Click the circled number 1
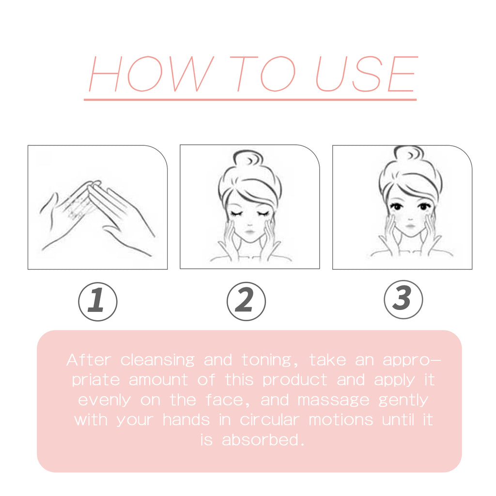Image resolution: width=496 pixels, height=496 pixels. click(x=97, y=301)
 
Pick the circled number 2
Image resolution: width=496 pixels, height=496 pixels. click(x=246, y=301)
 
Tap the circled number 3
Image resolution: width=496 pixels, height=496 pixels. click(x=403, y=299)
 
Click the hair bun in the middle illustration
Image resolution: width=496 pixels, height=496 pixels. click(x=248, y=158)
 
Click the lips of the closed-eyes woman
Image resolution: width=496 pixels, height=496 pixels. click(x=250, y=232)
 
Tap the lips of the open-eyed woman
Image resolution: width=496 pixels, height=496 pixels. click(x=410, y=226)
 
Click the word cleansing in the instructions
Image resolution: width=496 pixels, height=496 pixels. click(x=157, y=360)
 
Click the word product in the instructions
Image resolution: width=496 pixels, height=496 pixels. click(x=294, y=380)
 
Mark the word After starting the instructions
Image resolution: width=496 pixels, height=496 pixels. click(x=89, y=360)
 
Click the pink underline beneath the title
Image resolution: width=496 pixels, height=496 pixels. click(x=250, y=99)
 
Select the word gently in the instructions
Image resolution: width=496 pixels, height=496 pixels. click(x=403, y=401)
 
